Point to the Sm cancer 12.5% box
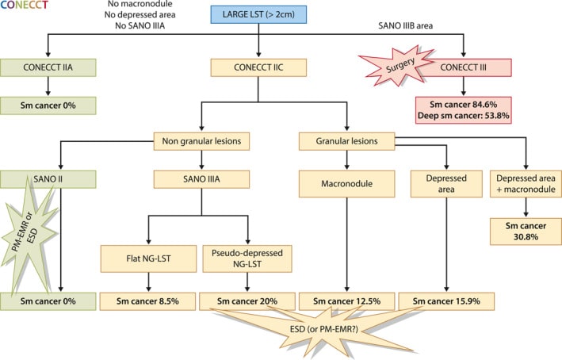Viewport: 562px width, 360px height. tap(346, 301)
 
